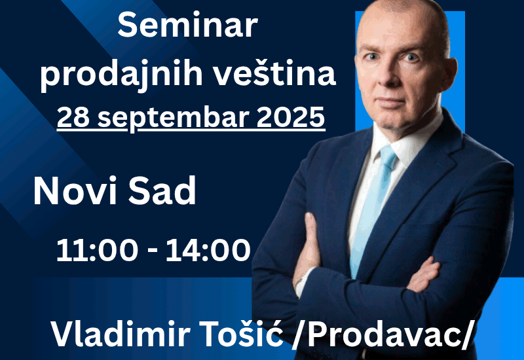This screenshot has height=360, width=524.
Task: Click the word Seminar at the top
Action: point(187,26)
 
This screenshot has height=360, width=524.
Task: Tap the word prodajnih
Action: point(122,74)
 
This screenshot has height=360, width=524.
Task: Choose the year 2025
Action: point(290,117)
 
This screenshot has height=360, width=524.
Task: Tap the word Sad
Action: point(162,190)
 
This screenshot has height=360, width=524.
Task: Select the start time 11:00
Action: point(97,251)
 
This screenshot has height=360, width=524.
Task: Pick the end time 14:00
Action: point(208,251)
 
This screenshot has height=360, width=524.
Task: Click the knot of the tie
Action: point(388,154)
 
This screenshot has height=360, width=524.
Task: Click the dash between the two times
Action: point(152,251)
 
